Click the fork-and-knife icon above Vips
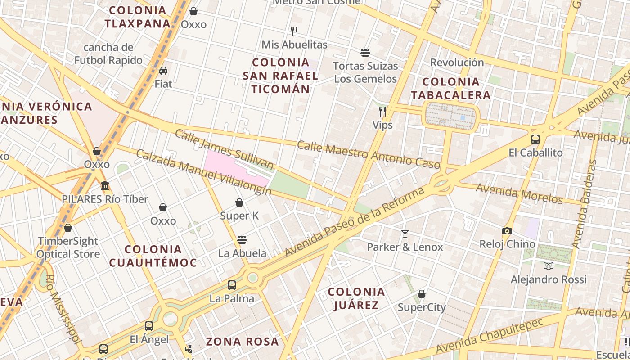point(382,111)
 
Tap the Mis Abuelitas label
point(294,45)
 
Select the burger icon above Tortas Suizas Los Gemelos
point(365,53)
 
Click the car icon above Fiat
point(163,70)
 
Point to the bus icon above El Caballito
point(535,139)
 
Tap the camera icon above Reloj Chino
point(507,231)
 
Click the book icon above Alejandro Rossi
point(548,266)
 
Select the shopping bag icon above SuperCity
point(422,294)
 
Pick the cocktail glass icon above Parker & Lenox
point(405,234)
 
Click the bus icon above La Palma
point(232,285)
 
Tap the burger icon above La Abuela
point(242,239)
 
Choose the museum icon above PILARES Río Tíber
point(105,185)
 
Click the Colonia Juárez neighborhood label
point(356,298)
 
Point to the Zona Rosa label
point(243,341)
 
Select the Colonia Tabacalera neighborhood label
point(450,88)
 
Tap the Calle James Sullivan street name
point(224,149)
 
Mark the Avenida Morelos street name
point(519,193)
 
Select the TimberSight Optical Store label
point(68,247)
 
